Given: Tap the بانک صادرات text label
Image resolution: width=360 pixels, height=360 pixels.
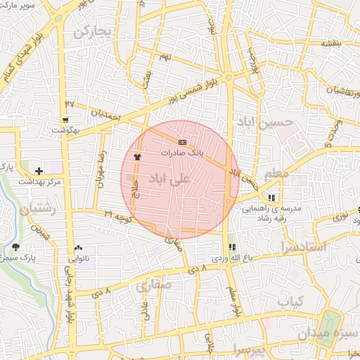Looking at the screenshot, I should click(181, 153).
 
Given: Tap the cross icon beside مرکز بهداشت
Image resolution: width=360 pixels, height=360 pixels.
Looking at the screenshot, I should click(39, 171).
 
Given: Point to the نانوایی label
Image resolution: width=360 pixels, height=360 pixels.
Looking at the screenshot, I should click(77, 259).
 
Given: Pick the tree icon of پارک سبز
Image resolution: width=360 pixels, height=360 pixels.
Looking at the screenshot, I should click(15, 247).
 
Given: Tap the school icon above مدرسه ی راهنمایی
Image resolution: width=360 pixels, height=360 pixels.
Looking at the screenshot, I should click(272, 197).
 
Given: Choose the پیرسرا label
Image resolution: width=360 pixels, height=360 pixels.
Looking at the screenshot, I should click(250, 349).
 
